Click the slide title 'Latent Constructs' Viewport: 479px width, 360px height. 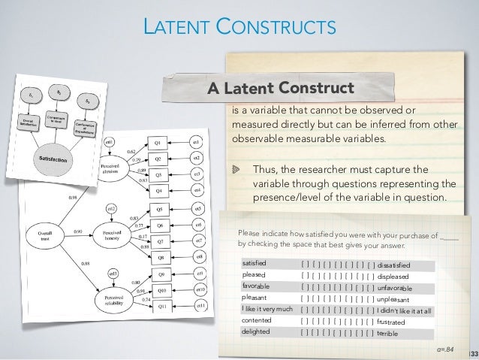(240, 29)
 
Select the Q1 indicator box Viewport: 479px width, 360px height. (158, 141)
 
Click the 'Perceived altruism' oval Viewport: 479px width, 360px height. (114, 166)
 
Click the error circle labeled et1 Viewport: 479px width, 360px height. (196, 141)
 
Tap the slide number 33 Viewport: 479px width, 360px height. (474, 352)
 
